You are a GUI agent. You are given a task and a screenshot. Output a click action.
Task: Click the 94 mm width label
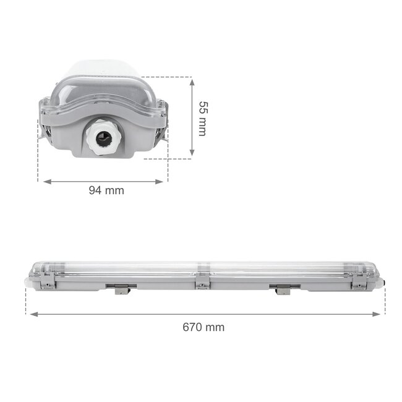pos(106,190)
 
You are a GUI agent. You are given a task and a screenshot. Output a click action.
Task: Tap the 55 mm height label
pos(202,119)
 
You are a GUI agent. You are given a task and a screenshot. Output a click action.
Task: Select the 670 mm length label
pos(203,327)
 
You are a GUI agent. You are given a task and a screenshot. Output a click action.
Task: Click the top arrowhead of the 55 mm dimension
pos(192,80)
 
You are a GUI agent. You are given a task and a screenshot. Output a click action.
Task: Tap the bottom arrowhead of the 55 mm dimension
pos(192,153)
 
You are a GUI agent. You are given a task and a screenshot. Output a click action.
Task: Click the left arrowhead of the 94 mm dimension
pos(41,181)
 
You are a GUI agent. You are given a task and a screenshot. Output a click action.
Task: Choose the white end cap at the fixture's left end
pos(27,280)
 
